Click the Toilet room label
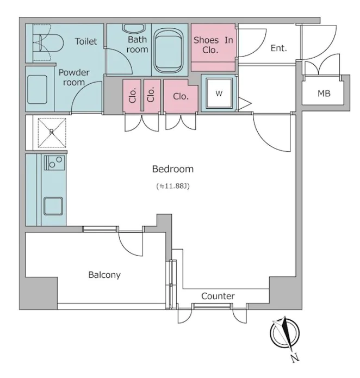tap(86, 41)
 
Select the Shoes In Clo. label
tap(213, 45)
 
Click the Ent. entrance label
tap(278, 48)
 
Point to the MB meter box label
tap(324, 94)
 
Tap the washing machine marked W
tap(219, 93)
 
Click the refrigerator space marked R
tap(52, 133)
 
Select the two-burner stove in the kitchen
tap(54, 163)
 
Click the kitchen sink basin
tap(53, 206)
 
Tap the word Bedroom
tap(173, 169)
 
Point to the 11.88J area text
tap(173, 186)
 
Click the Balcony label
tap(104, 275)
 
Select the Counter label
tap(218, 296)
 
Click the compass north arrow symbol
tap(284, 333)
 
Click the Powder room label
tap(74, 77)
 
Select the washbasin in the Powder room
tap(37, 89)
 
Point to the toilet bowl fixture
tap(51, 43)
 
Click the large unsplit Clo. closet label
tap(181, 97)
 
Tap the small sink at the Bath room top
tap(134, 28)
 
